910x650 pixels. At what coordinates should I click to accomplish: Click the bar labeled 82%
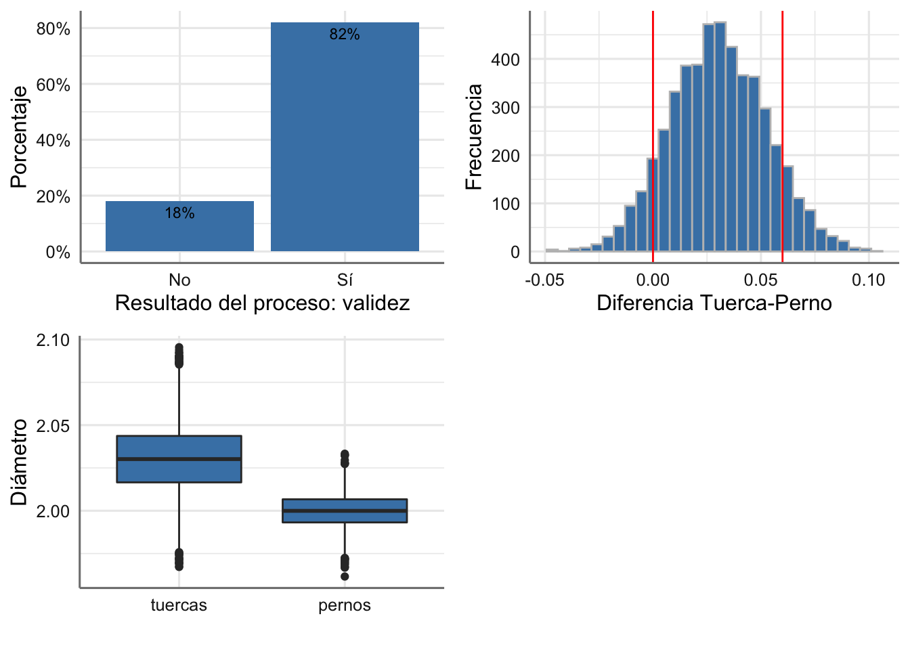[345, 135]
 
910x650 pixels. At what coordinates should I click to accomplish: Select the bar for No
[179, 227]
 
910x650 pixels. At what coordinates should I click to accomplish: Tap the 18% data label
[179, 213]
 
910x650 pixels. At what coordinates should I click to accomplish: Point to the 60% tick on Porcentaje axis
[53, 85]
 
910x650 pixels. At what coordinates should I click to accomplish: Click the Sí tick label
[345, 280]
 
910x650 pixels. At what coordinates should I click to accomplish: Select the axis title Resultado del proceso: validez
[262, 303]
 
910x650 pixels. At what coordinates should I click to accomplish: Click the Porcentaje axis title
[19, 137]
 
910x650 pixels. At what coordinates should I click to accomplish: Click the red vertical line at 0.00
[653, 135]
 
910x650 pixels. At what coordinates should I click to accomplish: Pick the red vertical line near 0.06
[782, 135]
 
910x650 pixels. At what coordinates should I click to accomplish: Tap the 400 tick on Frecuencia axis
[505, 60]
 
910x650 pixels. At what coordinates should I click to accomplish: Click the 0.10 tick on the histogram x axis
[868, 280]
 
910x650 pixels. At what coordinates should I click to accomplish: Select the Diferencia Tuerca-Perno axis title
[714, 303]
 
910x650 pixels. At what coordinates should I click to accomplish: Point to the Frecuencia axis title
[474, 137]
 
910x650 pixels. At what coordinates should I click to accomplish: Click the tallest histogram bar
[720, 135]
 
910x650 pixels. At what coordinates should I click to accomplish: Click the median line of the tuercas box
[179, 459]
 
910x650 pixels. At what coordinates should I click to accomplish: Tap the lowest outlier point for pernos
[345, 576]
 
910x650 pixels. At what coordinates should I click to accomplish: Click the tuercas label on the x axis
[179, 605]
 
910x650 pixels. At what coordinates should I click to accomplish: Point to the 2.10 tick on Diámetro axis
[53, 340]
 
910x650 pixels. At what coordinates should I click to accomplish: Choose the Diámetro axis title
[19, 462]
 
